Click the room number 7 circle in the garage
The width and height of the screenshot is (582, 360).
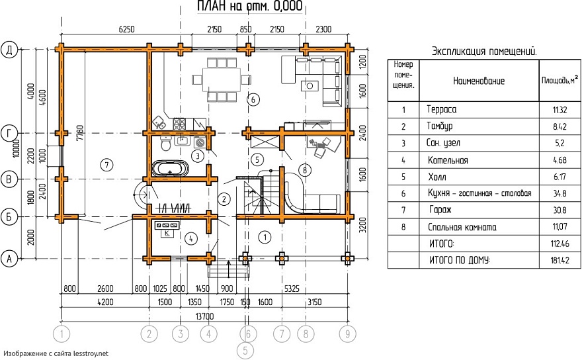point(107,165)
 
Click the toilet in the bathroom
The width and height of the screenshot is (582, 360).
point(166,143)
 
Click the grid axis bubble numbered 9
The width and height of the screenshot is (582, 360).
point(347,334)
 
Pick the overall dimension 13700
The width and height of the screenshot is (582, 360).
point(204,316)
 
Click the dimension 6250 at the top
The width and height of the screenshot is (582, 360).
point(126,29)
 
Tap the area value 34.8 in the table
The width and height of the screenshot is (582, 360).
point(560,193)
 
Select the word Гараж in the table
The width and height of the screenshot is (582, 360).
point(440,210)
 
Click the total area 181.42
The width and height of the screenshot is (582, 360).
point(560,261)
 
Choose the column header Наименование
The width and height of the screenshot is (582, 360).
point(479,81)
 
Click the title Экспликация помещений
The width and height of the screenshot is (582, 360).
point(484,51)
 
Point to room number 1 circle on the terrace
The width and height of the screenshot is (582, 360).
point(265,237)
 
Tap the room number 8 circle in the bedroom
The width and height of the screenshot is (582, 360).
point(305,171)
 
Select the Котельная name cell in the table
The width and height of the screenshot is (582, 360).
point(448,161)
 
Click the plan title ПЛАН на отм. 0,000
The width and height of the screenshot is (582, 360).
point(250,7)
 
